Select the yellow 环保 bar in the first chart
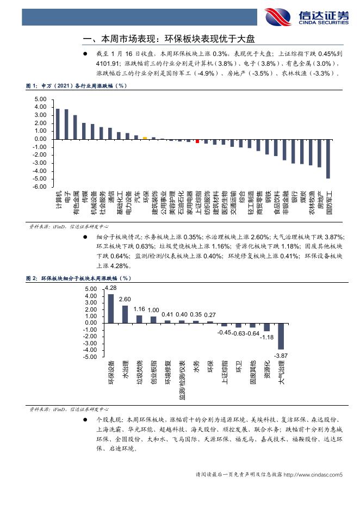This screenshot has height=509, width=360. [145, 138]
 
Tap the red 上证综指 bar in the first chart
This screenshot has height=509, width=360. [197, 141]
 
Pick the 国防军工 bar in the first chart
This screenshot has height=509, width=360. [328, 159]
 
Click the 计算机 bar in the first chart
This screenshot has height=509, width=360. [58, 124]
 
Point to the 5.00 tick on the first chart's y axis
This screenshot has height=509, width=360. [40, 100]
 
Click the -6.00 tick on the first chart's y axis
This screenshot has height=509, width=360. [40, 187]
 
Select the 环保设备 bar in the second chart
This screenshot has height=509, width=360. [111, 308]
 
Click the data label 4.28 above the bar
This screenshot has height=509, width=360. [111, 288]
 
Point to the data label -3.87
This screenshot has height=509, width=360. [281, 355]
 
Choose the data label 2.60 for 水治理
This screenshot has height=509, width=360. [125, 300]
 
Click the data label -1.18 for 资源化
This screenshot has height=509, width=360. [267, 337]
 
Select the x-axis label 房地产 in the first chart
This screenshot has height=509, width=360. [320, 202]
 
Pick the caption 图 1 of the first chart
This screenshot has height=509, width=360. [76, 86]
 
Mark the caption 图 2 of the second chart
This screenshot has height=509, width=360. [79, 278]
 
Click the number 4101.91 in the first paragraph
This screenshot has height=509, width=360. [109, 63]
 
